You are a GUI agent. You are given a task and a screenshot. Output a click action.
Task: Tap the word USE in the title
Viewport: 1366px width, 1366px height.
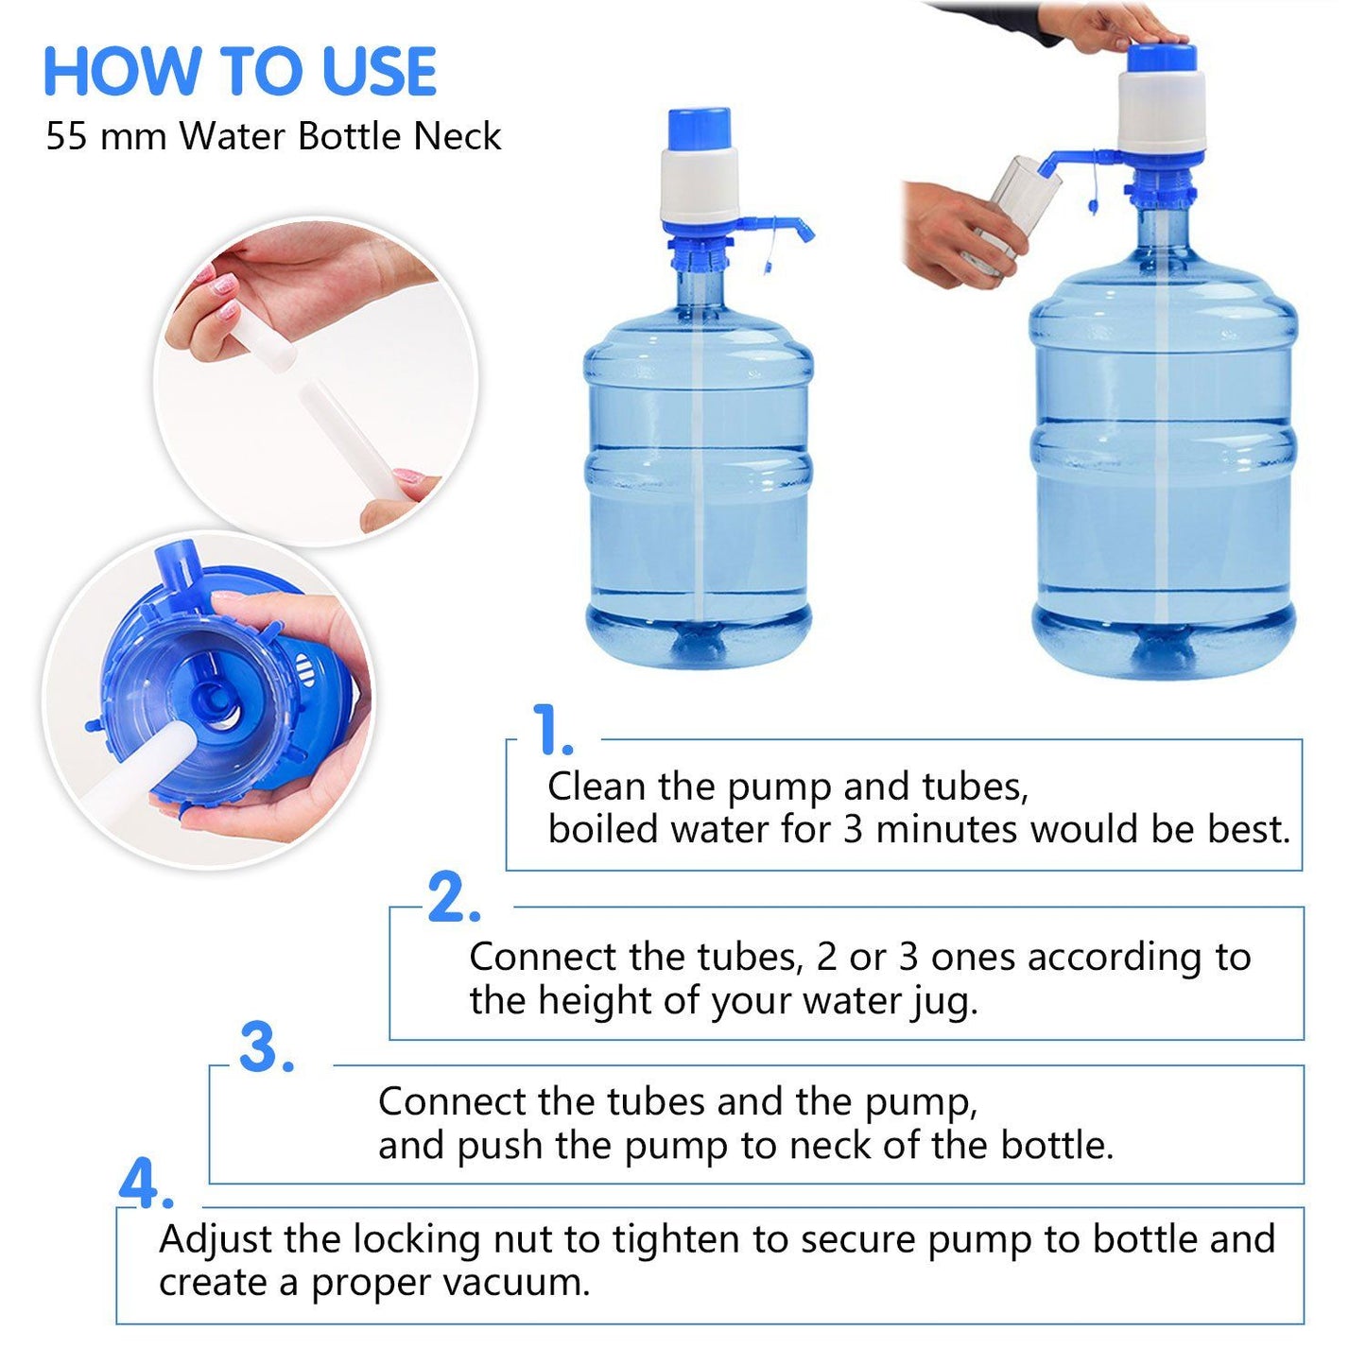pos(379,71)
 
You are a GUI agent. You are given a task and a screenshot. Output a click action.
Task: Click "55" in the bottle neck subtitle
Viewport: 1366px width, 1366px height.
pos(66,136)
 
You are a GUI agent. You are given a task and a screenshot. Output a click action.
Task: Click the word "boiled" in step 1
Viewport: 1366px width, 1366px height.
pos(603,829)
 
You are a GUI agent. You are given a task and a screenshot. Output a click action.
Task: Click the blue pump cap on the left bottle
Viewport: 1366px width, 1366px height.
pos(699,129)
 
